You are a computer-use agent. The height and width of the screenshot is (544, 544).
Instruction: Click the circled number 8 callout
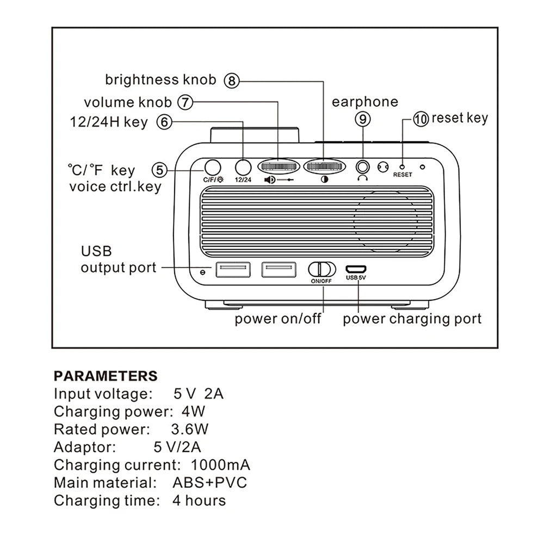[232, 81]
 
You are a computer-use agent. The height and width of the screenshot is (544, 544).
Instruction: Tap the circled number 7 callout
[186, 102]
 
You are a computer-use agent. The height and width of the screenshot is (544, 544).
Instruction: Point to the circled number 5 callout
[159, 170]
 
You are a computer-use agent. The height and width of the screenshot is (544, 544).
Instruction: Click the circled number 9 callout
[363, 118]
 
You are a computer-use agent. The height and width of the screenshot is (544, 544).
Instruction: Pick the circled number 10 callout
[421, 119]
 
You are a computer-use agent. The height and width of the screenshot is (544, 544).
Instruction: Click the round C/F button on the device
[212, 166]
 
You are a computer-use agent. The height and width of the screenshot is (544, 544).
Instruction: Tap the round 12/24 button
[243, 166]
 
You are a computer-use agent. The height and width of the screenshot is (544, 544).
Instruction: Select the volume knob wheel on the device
[278, 166]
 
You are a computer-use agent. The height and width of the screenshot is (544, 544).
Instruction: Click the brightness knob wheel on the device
[325, 166]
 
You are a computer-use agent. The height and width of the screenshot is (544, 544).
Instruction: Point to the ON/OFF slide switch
[321, 269]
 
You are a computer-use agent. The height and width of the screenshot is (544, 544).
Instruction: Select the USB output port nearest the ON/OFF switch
[279, 269]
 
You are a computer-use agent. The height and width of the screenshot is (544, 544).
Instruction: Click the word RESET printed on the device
[403, 175]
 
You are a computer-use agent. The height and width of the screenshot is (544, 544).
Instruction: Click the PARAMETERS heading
[106, 376]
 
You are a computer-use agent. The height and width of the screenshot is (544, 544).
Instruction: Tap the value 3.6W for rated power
[189, 429]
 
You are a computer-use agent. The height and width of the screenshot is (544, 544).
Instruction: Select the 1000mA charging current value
[220, 465]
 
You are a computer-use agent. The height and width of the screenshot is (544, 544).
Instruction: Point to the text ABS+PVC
[209, 483]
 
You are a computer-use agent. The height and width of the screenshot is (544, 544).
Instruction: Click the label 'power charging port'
[412, 319]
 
